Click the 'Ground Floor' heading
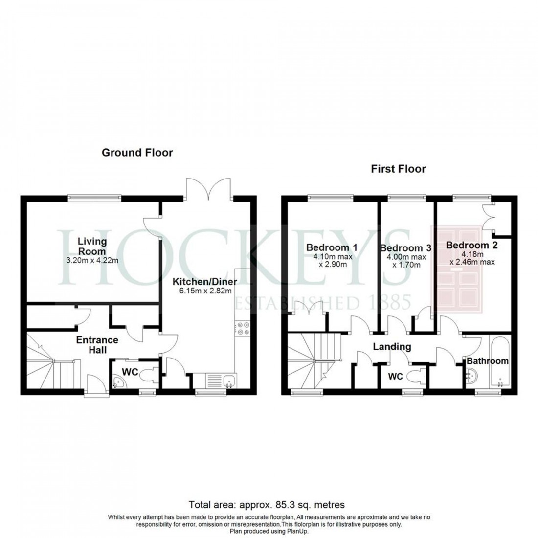(x=137, y=153)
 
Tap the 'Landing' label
(x=392, y=347)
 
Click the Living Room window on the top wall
(x=94, y=198)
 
